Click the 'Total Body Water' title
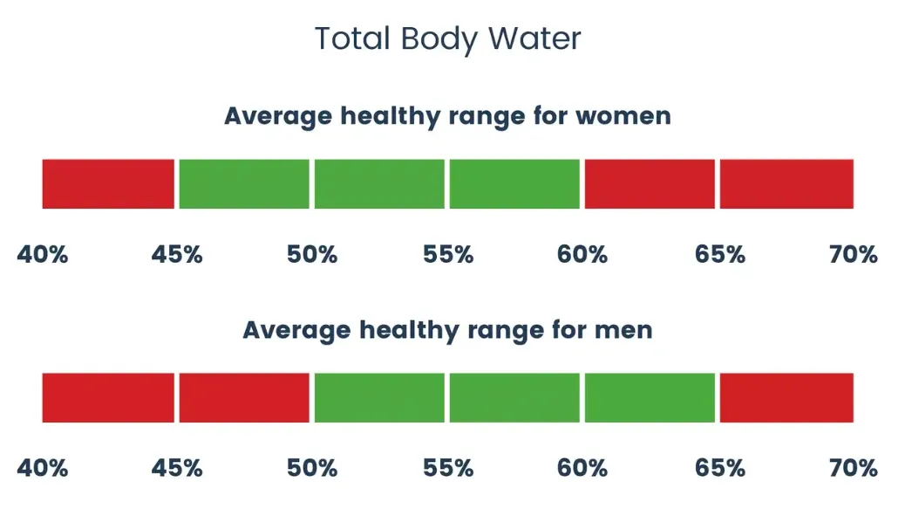(x=447, y=38)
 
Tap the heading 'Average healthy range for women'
(x=447, y=115)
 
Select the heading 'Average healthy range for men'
(x=447, y=330)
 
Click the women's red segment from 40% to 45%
(x=108, y=184)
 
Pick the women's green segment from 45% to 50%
(x=244, y=184)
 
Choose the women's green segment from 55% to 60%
(x=514, y=184)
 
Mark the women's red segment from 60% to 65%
(x=650, y=184)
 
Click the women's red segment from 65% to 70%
(x=786, y=184)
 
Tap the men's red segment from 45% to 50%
(x=244, y=398)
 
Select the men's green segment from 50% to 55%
(x=379, y=398)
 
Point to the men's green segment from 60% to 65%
(x=650, y=398)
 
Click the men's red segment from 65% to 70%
(x=786, y=398)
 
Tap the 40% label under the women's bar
(x=43, y=255)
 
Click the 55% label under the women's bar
(x=448, y=255)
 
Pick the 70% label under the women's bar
(x=853, y=255)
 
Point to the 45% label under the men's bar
(x=177, y=468)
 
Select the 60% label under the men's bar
(x=582, y=468)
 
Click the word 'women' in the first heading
(x=620, y=115)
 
